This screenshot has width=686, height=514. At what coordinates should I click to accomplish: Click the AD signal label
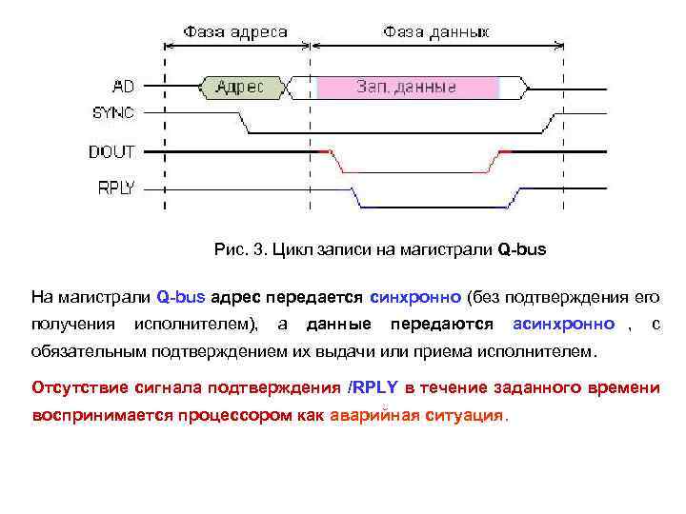[x=124, y=87]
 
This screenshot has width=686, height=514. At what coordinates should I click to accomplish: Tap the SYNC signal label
[x=113, y=112]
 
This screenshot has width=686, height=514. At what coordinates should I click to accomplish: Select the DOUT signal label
[x=111, y=151]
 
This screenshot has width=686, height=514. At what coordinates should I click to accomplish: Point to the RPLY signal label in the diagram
[x=115, y=188]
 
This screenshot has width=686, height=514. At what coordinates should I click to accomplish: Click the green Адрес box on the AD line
[x=241, y=88]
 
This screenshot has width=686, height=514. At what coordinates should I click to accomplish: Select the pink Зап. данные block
[x=407, y=88]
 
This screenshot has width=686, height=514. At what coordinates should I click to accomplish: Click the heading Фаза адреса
[x=235, y=32]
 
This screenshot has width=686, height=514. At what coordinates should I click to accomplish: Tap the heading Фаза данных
[x=436, y=32]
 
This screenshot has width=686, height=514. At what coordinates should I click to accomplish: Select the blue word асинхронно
[x=564, y=325]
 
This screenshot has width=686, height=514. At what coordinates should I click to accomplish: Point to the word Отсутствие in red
[x=83, y=389]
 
